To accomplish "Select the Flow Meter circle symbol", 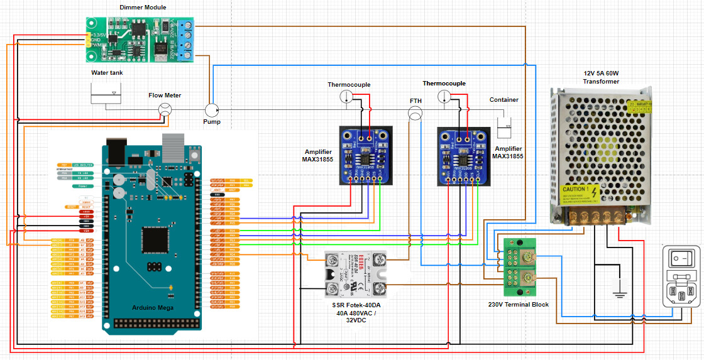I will pos(165,109).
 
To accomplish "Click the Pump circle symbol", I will pos(212,109).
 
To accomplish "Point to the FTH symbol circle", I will pos(415,114).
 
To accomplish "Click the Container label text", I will pos(504,100).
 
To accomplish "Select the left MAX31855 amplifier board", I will pos(365,155).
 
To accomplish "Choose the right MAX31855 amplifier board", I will pos(463,156).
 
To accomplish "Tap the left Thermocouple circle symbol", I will pos(346,96).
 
